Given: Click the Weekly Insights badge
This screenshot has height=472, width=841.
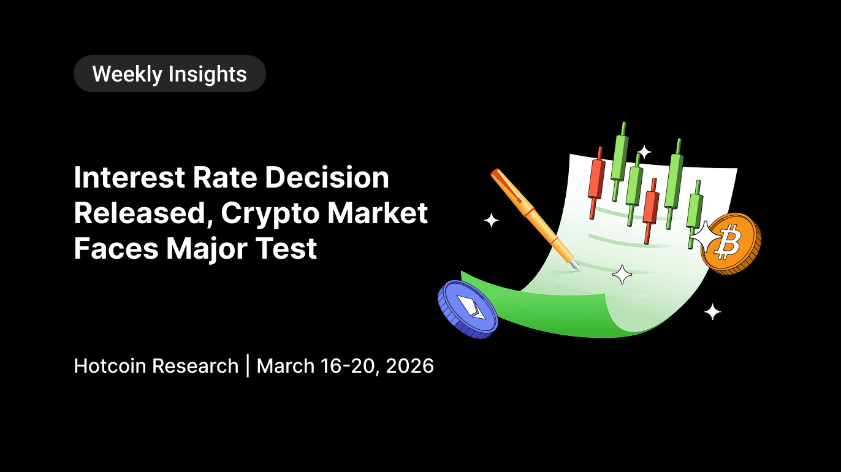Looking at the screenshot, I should pyautogui.click(x=169, y=74).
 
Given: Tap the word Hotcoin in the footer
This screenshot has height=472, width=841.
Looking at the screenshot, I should pyautogui.click(x=110, y=366).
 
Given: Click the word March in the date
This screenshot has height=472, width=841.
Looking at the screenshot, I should pyautogui.click(x=286, y=366).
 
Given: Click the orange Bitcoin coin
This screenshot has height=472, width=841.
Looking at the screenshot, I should pyautogui.click(x=733, y=244).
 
